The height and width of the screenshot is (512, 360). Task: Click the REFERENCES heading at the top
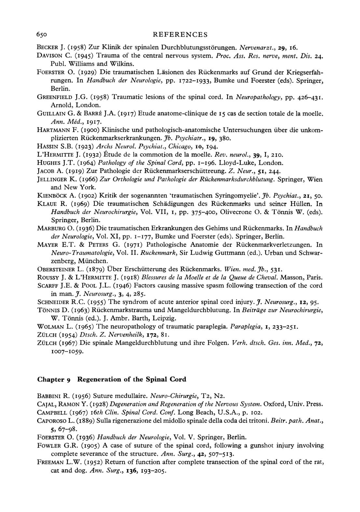point(180,34)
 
